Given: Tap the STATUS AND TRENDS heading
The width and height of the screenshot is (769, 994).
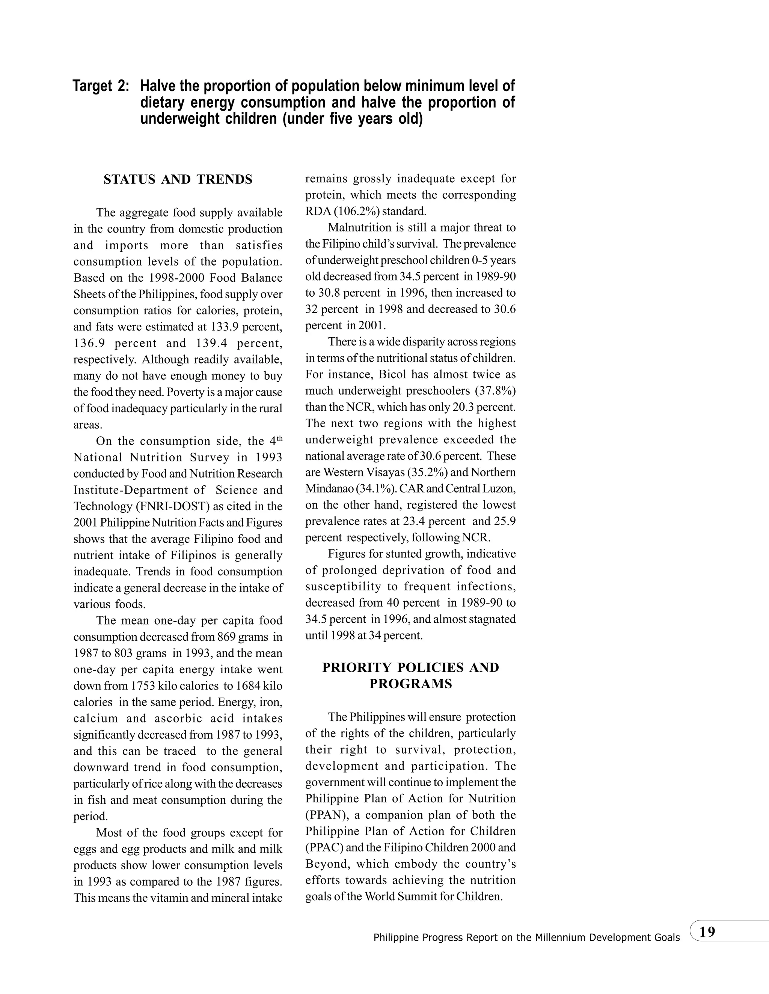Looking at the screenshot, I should pos(178,180).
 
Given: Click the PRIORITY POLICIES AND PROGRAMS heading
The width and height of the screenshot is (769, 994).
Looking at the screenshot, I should pos(410,676).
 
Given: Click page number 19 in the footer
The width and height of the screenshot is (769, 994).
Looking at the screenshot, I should pos(707,932).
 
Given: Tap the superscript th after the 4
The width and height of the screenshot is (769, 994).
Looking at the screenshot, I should pos(279,438).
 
